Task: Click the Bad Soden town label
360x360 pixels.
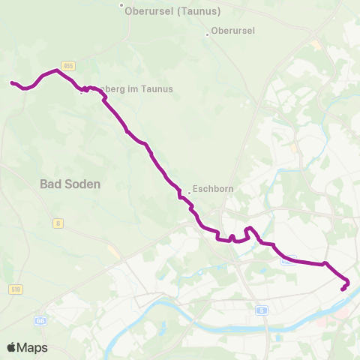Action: pos(70,184)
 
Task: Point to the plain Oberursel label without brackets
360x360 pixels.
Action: pos(234,31)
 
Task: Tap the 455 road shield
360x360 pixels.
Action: pos(68,65)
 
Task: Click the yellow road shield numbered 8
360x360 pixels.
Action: pos(58,223)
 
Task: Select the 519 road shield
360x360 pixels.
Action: pos(16,289)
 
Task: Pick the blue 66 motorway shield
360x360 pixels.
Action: pos(39,320)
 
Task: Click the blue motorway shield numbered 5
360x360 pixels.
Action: pos(261,310)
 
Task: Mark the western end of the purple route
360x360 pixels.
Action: pos(12,82)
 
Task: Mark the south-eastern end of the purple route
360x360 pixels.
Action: pos(343,289)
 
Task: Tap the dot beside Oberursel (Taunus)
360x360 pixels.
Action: pos(121,5)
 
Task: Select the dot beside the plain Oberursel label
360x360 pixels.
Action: pos(208,34)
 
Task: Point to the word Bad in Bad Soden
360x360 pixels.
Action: pos(51,184)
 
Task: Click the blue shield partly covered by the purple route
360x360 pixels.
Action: pos(287,259)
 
